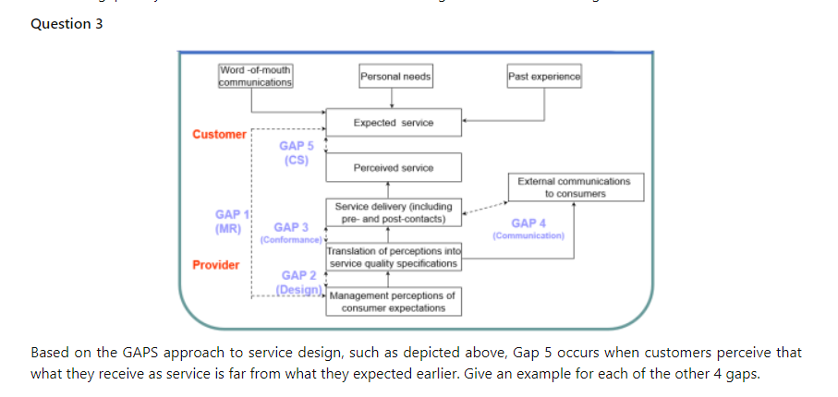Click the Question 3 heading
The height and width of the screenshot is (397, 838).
pos(67,24)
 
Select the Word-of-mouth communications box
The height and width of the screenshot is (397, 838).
pos(256,77)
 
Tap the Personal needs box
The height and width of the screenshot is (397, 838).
pos(395,77)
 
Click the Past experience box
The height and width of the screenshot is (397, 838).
pos(544,77)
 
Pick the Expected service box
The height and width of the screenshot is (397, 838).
pos(393,123)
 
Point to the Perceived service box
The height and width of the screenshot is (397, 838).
pos(393,167)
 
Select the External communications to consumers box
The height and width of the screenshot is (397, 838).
pos(575,187)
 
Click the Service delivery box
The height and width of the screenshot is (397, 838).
pos(393,213)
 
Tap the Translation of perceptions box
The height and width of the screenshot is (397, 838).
pos(393,258)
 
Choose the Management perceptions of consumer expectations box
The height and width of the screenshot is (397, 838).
pos(393,302)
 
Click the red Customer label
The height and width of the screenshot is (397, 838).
pos(219,135)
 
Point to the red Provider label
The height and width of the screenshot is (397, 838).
pos(215,265)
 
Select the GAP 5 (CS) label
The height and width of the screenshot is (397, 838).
pos(296,152)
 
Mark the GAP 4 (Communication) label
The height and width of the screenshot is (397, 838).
pos(528,229)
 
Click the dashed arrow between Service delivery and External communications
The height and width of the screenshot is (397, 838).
pos(484,210)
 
